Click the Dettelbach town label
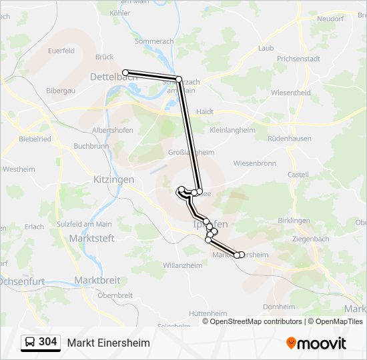pos(107,77)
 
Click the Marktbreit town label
pos(97,280)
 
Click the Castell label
pos(298,175)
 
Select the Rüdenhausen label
pos(289,139)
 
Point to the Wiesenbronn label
pos(254,163)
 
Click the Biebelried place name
pos(35,139)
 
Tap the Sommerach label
pos(154,41)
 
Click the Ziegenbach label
pos(310,239)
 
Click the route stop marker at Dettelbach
pos(125,72)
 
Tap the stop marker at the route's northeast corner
pos(179,79)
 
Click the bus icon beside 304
pos(29,343)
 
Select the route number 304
pos(47,342)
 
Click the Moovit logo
pos(316,343)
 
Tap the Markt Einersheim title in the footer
pos(108,343)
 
